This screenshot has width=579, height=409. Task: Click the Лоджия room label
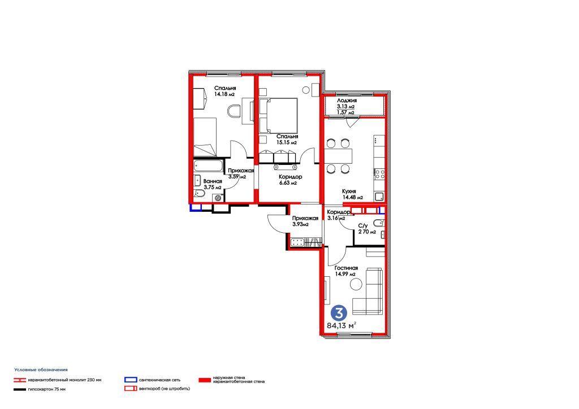click(x=347, y=101)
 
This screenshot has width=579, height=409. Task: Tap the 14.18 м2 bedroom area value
click(x=224, y=94)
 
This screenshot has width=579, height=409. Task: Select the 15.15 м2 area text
click(x=287, y=142)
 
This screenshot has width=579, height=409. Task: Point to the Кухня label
click(x=349, y=192)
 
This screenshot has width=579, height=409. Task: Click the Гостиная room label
click(x=346, y=268)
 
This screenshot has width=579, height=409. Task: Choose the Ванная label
click(x=213, y=181)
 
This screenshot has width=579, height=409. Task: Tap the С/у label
click(x=363, y=226)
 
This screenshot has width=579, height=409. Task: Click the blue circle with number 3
click(x=339, y=313)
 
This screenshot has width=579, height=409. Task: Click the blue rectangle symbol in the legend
click(x=131, y=380)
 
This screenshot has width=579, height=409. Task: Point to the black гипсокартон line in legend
click(x=20, y=389)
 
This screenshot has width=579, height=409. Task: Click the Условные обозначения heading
click(x=41, y=369)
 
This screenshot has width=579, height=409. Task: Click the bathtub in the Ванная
click(x=208, y=165)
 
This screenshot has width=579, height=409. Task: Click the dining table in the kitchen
click(x=338, y=156)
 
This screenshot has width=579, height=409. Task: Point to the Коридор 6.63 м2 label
click(x=290, y=180)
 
